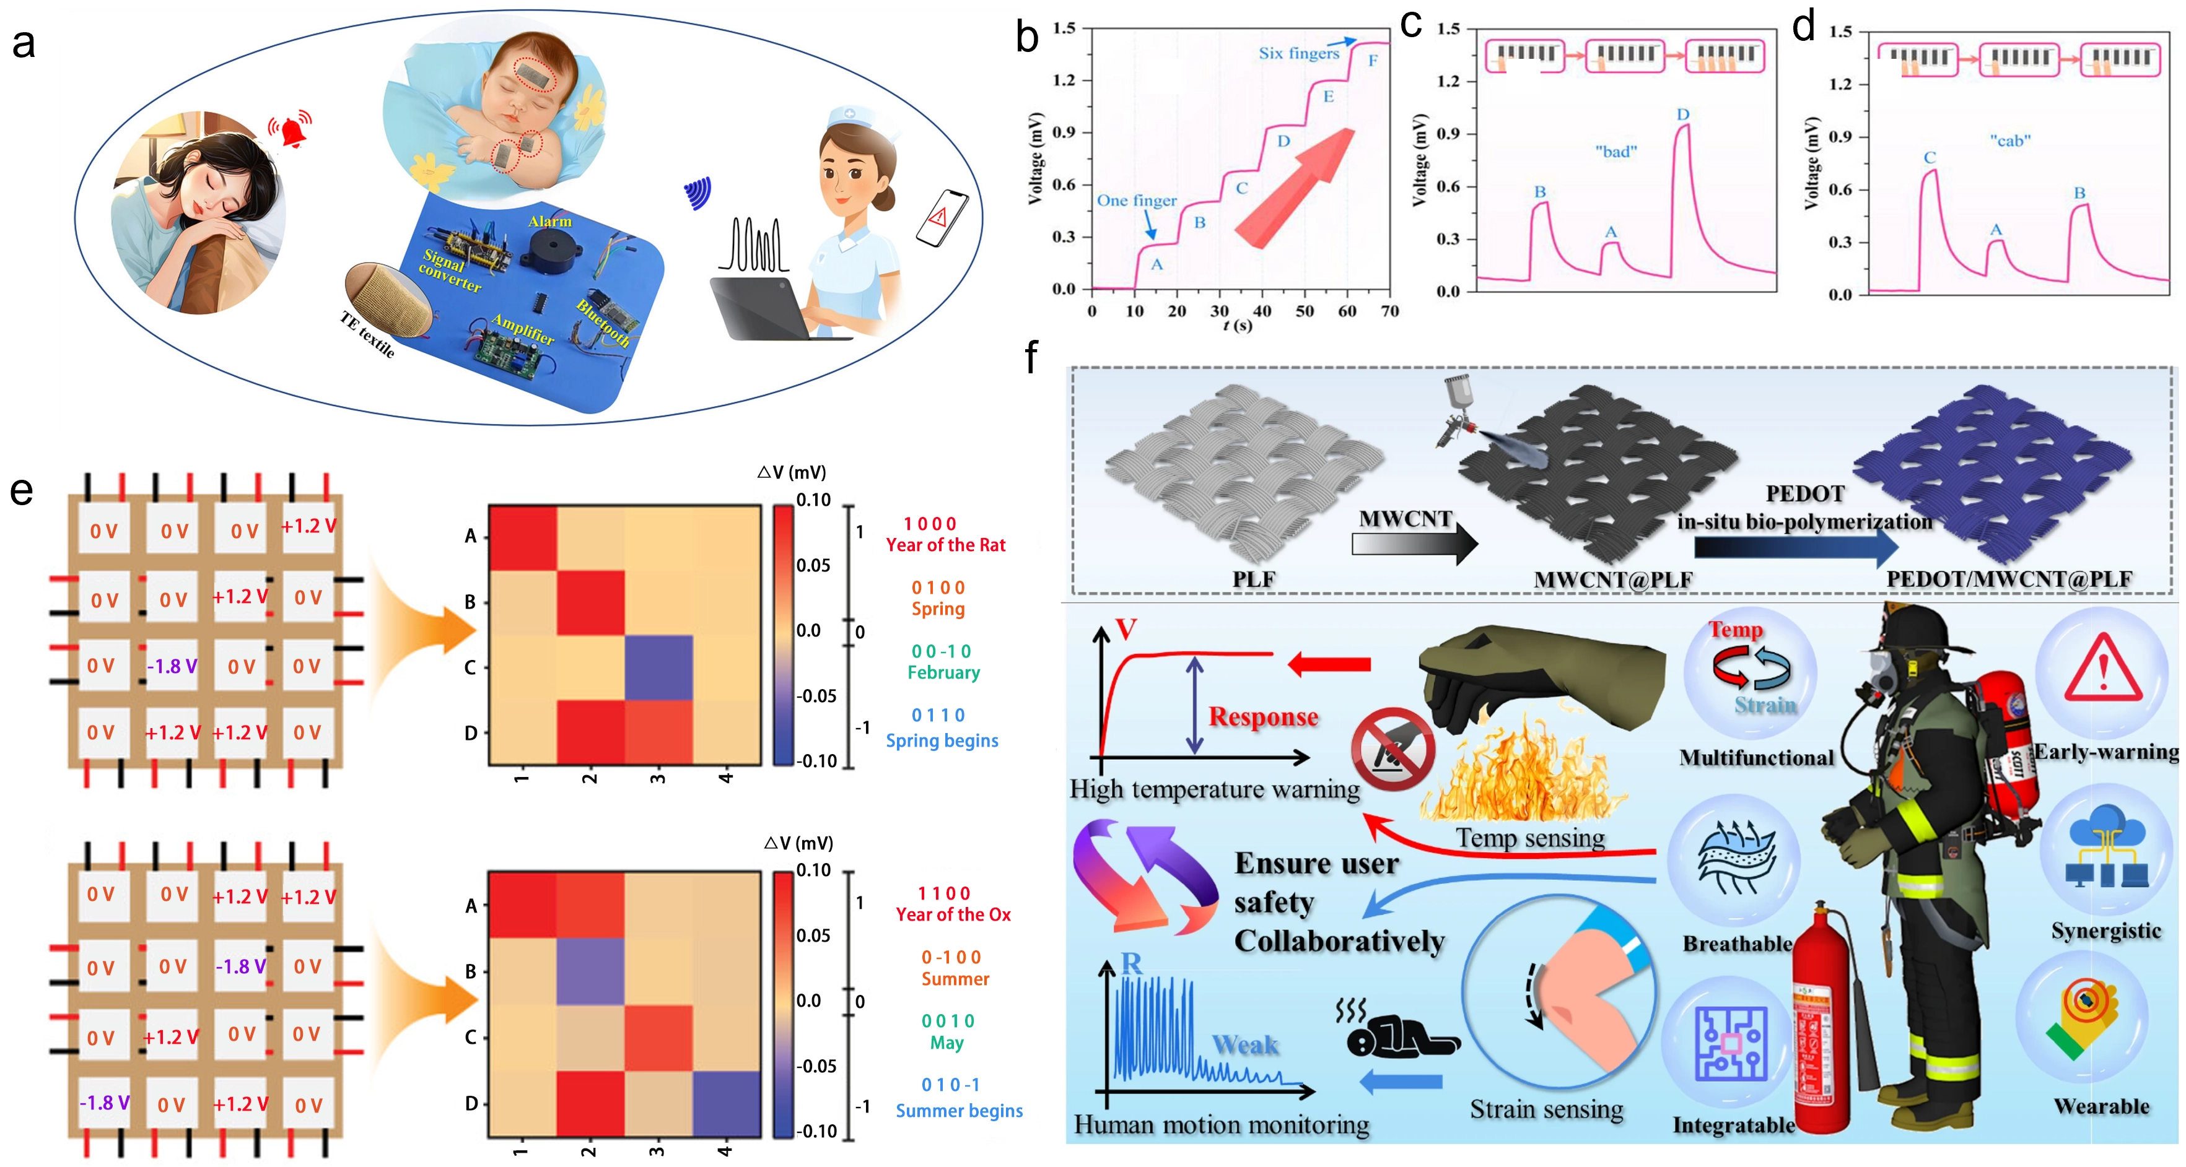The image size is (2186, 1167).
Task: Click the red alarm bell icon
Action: click(291, 131)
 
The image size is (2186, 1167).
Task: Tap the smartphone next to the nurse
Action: click(942, 218)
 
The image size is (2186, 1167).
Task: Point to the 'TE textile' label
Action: click(367, 334)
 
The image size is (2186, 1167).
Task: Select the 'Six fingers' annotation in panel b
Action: click(1298, 53)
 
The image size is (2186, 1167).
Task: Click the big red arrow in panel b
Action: click(1294, 186)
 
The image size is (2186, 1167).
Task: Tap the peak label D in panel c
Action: click(1683, 115)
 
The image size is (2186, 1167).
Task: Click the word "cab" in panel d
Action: click(2010, 141)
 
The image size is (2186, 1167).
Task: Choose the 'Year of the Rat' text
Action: click(945, 545)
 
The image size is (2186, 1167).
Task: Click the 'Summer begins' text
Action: click(959, 1111)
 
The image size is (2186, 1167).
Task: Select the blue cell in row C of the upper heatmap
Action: click(658, 667)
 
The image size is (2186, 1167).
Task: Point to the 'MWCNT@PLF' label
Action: click(1612, 580)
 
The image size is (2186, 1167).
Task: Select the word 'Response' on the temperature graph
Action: click(1262, 718)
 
